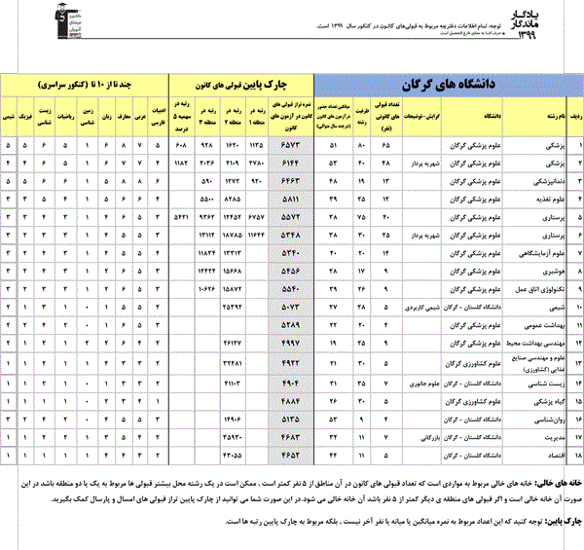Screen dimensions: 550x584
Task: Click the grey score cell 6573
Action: coord(294,144)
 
